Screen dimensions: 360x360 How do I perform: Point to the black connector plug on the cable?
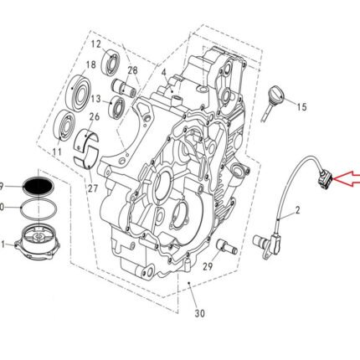click(323, 175)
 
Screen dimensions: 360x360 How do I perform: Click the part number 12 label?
click(95, 44)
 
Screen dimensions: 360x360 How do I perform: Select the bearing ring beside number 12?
click(113, 61)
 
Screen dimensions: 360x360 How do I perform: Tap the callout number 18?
click(91, 64)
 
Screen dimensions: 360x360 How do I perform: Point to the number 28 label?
click(132, 70)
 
